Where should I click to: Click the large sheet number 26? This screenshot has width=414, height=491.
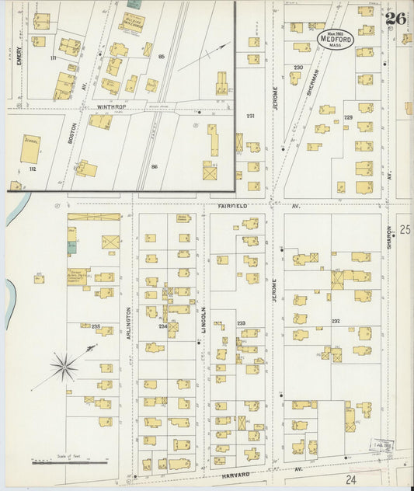click(x=395, y=18)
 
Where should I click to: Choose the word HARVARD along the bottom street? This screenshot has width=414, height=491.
click(x=235, y=473)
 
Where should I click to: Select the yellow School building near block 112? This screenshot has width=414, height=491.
click(x=30, y=148)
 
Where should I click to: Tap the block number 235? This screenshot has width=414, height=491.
click(x=96, y=326)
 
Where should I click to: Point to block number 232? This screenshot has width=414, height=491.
click(x=336, y=321)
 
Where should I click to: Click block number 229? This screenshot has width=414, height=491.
click(x=348, y=117)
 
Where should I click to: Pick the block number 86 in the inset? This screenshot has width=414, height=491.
click(x=154, y=166)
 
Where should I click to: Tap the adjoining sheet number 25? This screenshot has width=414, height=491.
click(x=404, y=229)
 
